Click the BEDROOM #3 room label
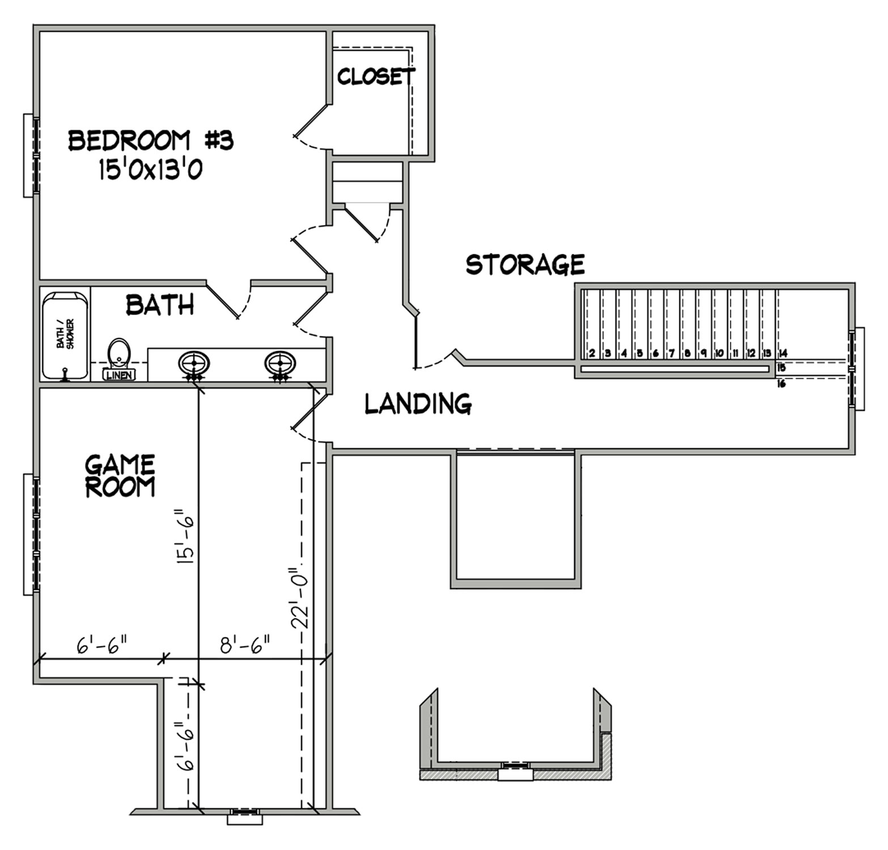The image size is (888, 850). click(x=151, y=140)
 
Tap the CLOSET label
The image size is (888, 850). click(x=376, y=76)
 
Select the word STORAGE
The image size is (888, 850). click(x=525, y=264)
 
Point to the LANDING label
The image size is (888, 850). click(x=418, y=403)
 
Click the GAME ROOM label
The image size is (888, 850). click(x=120, y=476)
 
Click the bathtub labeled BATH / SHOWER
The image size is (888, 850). click(x=65, y=335)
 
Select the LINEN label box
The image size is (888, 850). click(x=119, y=375)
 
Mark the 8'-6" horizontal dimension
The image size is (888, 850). click(x=245, y=645)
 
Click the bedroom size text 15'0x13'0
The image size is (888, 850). click(x=151, y=169)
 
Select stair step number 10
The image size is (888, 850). click(x=719, y=354)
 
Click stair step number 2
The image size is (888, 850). click(x=592, y=354)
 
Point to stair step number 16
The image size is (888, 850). click(x=782, y=384)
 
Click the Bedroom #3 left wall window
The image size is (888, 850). click(x=31, y=155)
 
